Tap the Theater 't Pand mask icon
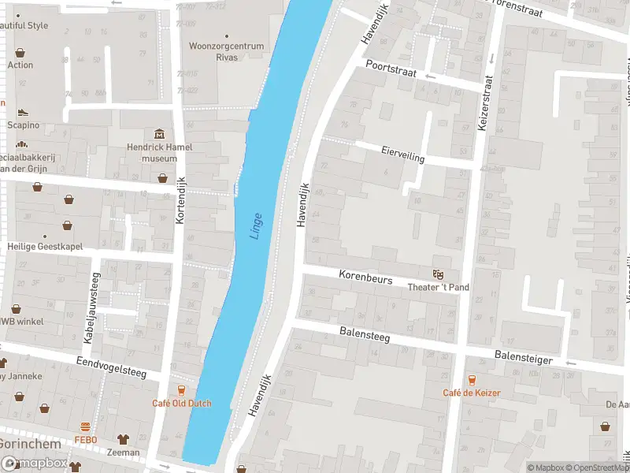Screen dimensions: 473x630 click(437, 274)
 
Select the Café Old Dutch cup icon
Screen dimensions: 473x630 click(182, 390)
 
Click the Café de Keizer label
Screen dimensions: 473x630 click(471, 393)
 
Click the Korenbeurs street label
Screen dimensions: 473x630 click(365, 277)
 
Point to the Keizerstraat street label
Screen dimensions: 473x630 click(485, 102)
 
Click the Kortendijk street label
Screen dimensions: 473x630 click(180, 199)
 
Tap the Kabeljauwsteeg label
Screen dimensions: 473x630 click(87, 307)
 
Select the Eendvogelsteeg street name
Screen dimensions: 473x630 click(112, 367)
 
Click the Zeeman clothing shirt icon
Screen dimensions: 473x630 click(123, 438)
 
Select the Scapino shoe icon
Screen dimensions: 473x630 click(22, 112)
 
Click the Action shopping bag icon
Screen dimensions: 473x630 click(20, 53)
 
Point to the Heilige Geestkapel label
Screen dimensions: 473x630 click(46, 247)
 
